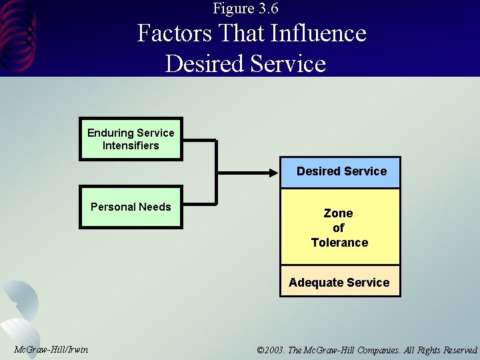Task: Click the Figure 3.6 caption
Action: (x=246, y=9)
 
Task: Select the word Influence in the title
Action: (x=325, y=33)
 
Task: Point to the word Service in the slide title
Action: (x=290, y=63)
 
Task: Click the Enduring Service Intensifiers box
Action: (x=131, y=139)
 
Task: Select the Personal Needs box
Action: (x=131, y=207)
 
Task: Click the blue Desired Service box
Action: (x=341, y=172)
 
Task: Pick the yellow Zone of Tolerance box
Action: (x=339, y=227)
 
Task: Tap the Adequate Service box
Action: (x=339, y=282)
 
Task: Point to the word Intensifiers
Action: (x=131, y=145)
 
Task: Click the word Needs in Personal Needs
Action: (x=155, y=207)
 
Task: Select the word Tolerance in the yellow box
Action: (x=339, y=243)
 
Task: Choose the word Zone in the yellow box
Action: (x=338, y=213)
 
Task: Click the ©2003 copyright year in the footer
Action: (x=270, y=350)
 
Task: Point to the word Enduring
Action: (x=110, y=133)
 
